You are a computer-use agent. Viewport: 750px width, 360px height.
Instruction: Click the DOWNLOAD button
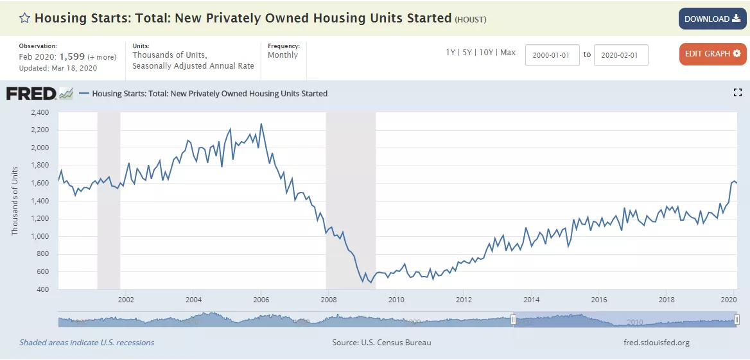[712, 19]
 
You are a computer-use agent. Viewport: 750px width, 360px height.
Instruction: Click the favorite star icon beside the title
[24, 18]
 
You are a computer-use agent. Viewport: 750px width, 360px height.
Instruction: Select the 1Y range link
[451, 53]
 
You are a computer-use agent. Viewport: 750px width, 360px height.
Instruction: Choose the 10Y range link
[485, 53]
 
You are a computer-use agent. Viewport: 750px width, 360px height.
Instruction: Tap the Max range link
[507, 53]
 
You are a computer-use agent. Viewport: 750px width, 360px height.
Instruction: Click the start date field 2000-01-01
[552, 55]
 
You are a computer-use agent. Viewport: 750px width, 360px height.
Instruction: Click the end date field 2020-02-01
[621, 55]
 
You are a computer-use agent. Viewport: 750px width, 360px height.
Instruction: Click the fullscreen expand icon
[737, 93]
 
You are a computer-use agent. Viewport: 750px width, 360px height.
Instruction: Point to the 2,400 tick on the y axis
[40, 112]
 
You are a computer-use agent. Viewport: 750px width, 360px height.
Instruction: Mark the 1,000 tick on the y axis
[40, 236]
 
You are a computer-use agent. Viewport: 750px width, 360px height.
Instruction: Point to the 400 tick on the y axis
[43, 289]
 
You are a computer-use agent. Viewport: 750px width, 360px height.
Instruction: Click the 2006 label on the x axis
[261, 300]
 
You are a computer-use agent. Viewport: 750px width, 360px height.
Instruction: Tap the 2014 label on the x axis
[531, 300]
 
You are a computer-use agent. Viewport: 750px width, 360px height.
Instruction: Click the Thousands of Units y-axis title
[15, 200]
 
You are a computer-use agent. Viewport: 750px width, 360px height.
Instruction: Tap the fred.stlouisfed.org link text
[656, 343]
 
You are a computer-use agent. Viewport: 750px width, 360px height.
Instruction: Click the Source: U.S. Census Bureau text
[381, 343]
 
